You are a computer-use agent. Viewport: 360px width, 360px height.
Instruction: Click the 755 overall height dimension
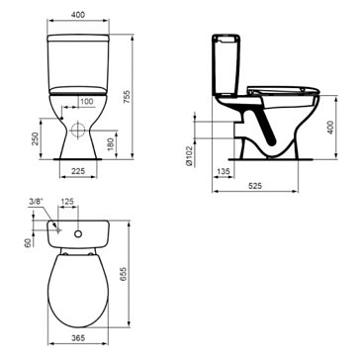tap(127, 97)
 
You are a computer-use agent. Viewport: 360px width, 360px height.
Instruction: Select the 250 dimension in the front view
tap(36, 138)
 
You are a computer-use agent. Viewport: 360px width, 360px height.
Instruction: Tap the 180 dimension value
tap(111, 144)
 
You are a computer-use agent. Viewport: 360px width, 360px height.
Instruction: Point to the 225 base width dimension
tap(78, 171)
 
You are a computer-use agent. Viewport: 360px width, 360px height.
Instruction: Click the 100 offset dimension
tap(87, 102)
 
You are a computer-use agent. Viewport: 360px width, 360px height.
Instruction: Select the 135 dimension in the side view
tap(224, 171)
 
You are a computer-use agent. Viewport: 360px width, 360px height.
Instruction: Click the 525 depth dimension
tap(255, 186)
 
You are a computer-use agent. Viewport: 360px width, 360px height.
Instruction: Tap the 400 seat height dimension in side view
tap(330, 128)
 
